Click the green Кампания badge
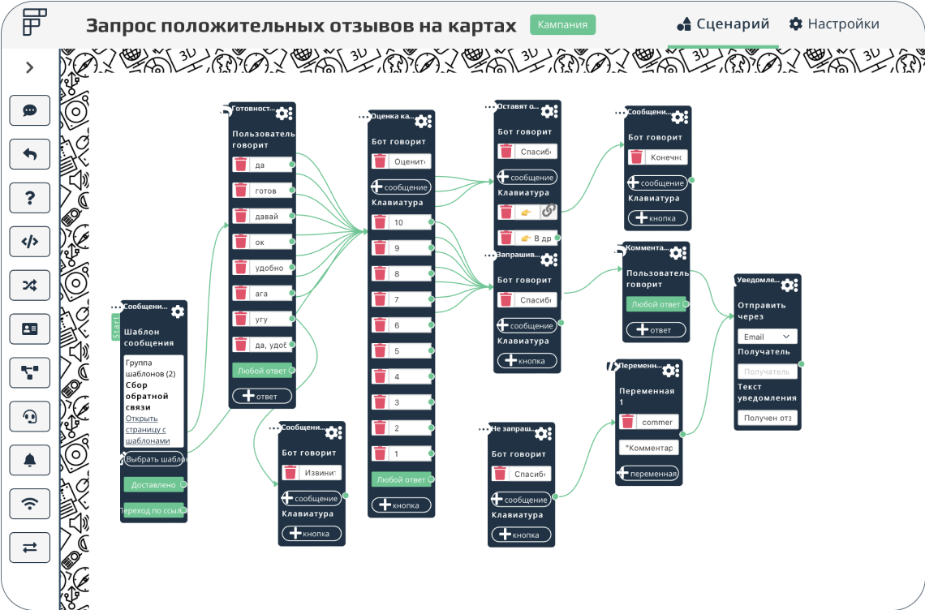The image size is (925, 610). pos(562,24)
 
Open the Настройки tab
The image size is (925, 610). pos(834,24)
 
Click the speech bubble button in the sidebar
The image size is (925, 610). pos(30,110)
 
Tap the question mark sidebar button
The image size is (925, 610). pos(30,197)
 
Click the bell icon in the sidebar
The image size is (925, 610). pos(30,460)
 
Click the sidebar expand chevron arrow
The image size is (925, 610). pos(30,68)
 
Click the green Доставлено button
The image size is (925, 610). pos(153,484)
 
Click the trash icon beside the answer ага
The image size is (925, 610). pos(241,293)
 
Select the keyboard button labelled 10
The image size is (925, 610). pos(409,222)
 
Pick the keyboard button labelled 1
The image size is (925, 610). pos(409,453)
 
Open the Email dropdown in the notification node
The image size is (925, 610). pos(767,337)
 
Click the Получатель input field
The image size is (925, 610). pos(767,372)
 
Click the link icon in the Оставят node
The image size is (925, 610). pos(549,211)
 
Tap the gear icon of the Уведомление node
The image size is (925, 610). pos(789,285)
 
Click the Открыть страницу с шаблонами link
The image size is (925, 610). pos(147,429)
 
